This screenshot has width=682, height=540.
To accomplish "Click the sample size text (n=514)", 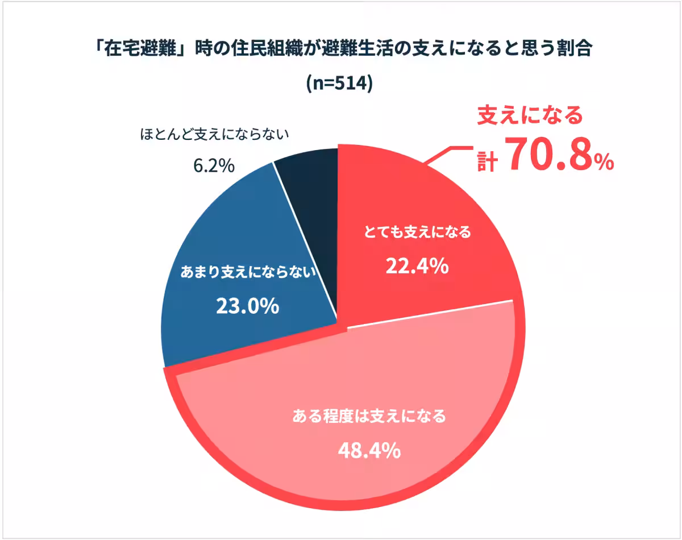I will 339,84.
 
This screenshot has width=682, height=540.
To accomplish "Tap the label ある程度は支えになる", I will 369,417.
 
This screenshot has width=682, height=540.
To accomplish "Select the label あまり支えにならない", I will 247,273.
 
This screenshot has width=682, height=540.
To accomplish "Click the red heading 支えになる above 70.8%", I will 530,116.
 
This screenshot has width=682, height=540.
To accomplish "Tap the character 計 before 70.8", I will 487,161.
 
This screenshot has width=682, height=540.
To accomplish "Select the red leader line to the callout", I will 449,152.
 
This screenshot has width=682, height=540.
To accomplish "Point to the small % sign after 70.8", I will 604,163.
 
